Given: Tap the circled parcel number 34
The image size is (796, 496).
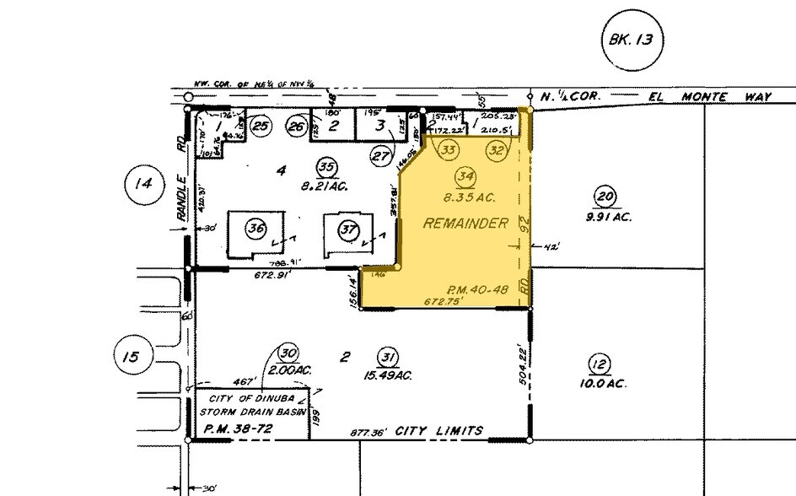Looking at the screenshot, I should (x=464, y=175).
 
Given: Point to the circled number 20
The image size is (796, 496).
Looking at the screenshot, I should (x=602, y=197).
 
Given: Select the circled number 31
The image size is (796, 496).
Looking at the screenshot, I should (x=388, y=356).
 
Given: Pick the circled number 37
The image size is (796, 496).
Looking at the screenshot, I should (x=347, y=228).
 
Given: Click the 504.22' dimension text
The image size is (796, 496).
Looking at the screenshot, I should (x=524, y=363).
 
